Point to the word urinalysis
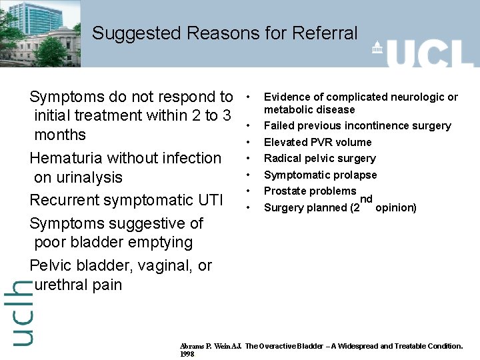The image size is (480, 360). (88, 177)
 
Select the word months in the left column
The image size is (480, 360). (60, 135)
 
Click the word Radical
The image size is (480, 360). (283, 158)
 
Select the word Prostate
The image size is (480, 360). (283, 191)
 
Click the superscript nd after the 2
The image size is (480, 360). (366, 199)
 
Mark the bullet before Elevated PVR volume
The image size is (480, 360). (247, 142)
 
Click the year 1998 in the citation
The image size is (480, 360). (187, 354)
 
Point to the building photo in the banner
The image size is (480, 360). (40, 33)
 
